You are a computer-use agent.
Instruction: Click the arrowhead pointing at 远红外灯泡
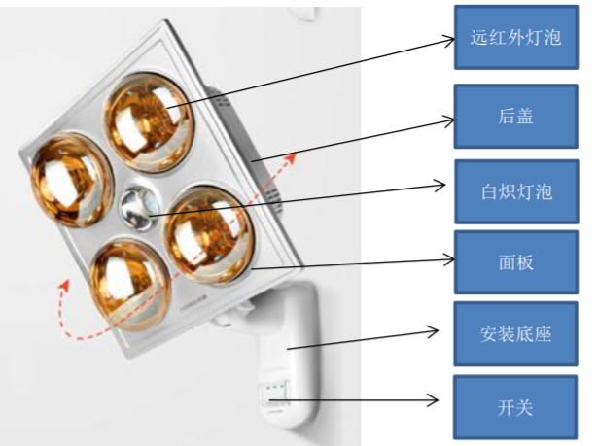pyautogui.click(x=450, y=39)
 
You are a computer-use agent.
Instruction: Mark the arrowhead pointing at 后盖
pyautogui.click(x=450, y=120)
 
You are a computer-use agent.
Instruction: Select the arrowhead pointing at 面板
pyautogui.click(x=450, y=257)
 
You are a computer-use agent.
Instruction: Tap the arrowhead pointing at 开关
pyautogui.click(x=436, y=400)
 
